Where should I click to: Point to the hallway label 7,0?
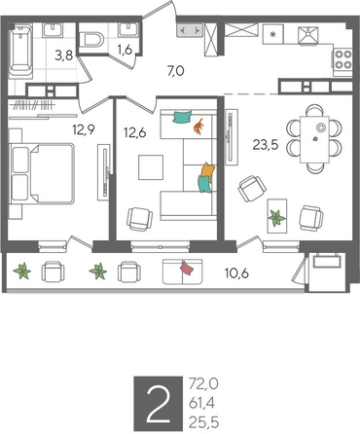pos(175,71)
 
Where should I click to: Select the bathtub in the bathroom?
pos(20,54)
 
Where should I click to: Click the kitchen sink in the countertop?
pos(308,36)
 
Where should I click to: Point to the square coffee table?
pos(153,167)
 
